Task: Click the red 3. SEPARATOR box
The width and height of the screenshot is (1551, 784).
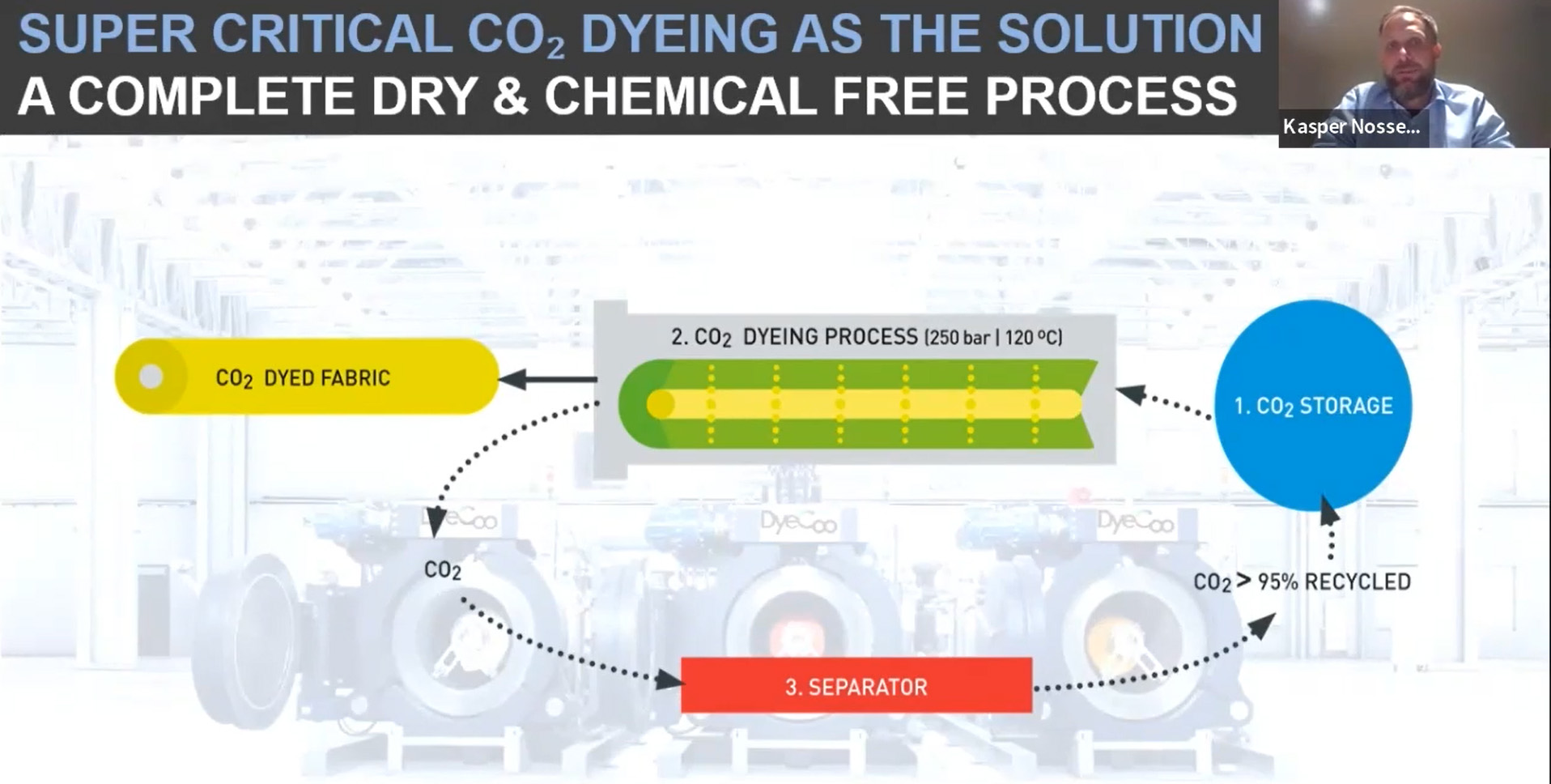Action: click(856, 685)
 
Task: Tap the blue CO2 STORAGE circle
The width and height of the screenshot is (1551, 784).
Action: click(1313, 405)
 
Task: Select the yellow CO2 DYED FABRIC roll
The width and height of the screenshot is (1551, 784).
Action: click(308, 377)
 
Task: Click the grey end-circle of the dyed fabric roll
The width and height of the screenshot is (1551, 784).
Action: click(151, 377)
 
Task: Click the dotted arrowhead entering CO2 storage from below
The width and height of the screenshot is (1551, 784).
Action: click(1329, 510)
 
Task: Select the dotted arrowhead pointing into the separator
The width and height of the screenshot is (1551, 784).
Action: click(669, 679)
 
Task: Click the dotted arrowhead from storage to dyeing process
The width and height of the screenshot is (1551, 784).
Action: click(1132, 394)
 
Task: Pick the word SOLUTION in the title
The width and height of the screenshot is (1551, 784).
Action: click(1129, 34)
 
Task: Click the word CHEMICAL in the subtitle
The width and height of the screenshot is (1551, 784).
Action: click(680, 96)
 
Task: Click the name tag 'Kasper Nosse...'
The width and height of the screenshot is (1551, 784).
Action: click(1351, 126)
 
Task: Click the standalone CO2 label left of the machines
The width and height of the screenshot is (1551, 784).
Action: click(442, 570)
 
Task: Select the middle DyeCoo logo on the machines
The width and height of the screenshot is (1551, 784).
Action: click(798, 522)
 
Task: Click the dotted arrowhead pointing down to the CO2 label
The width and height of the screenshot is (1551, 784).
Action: click(436, 522)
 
